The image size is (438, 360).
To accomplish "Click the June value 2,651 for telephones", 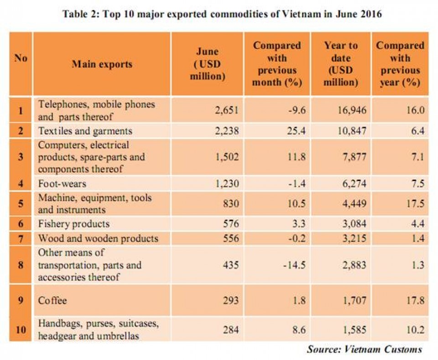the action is coord(227,110).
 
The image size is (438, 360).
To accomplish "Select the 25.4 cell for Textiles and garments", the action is coord(297,130).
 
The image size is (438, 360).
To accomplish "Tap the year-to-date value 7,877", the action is coord(354,157).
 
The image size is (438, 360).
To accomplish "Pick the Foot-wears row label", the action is coord(62,183).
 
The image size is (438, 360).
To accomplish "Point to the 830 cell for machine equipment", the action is coord(231,203).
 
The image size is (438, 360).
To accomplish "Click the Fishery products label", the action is coord(74,224).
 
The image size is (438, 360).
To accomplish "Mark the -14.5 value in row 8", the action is coord(294,265).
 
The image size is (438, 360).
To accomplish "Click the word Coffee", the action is coord(52,301).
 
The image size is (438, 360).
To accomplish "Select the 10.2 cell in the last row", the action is coord(415,330).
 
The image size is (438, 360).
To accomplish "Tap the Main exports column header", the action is coord(102,64).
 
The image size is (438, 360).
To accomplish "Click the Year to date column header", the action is coord(341,64).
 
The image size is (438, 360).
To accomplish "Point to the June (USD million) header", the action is coord(207,64).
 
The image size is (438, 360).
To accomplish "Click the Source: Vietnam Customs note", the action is coord(365,349).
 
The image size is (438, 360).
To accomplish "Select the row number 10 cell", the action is coord(21,330).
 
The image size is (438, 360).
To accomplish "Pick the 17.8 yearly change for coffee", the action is coord(415,301).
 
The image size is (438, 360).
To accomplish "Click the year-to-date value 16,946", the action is coord(352,110).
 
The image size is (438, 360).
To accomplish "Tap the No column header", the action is coord(21,58).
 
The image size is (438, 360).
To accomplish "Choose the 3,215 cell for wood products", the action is coord(354,238).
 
